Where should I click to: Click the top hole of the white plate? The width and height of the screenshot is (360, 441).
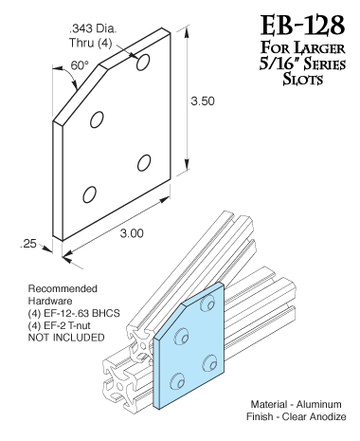point(144,63)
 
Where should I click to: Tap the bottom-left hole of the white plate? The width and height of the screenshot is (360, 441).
point(89,194)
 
